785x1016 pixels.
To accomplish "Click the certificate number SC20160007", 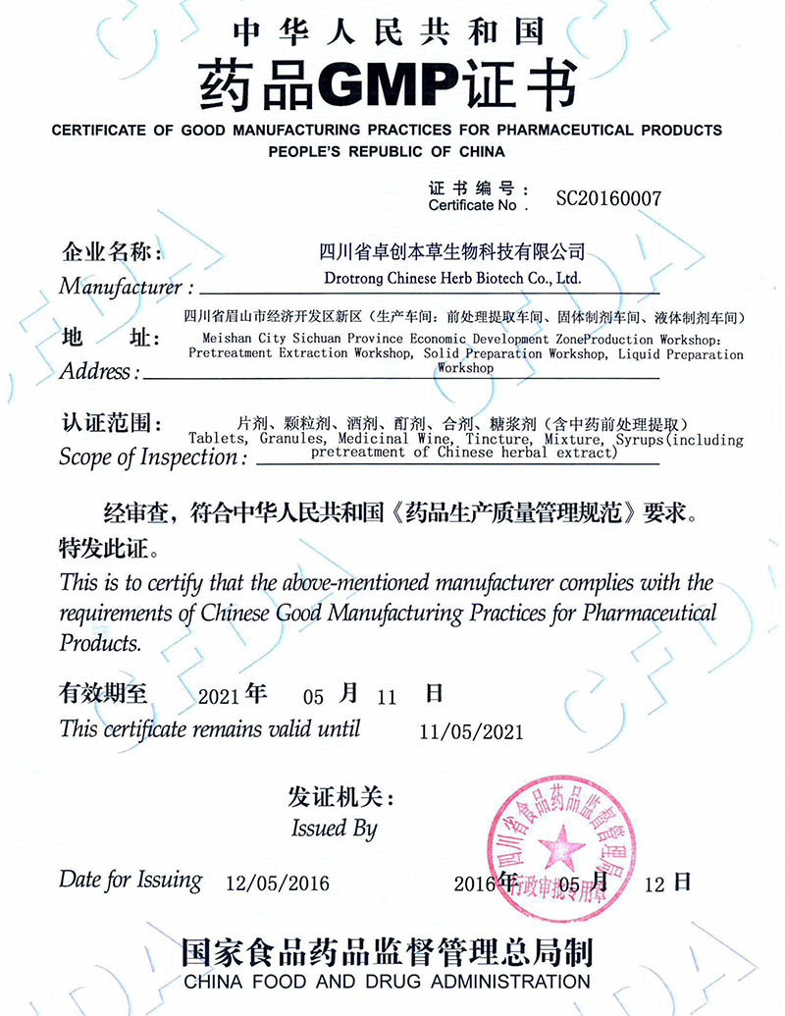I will pos(608,198).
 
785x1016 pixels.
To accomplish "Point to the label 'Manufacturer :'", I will pos(127,288).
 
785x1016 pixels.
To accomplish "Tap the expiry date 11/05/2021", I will pos(471,732).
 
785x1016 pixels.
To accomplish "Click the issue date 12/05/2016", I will pos(277,882).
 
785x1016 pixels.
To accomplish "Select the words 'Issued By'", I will pos(334,829).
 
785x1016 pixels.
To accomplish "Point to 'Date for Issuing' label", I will pos(131,880).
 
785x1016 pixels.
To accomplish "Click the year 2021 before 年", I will pos(219,698).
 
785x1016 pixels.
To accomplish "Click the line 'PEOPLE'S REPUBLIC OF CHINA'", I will pos(387,152).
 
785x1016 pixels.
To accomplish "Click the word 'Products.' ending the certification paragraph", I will pos(101,644).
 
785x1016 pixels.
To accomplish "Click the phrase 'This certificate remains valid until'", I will pos(209,728).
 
